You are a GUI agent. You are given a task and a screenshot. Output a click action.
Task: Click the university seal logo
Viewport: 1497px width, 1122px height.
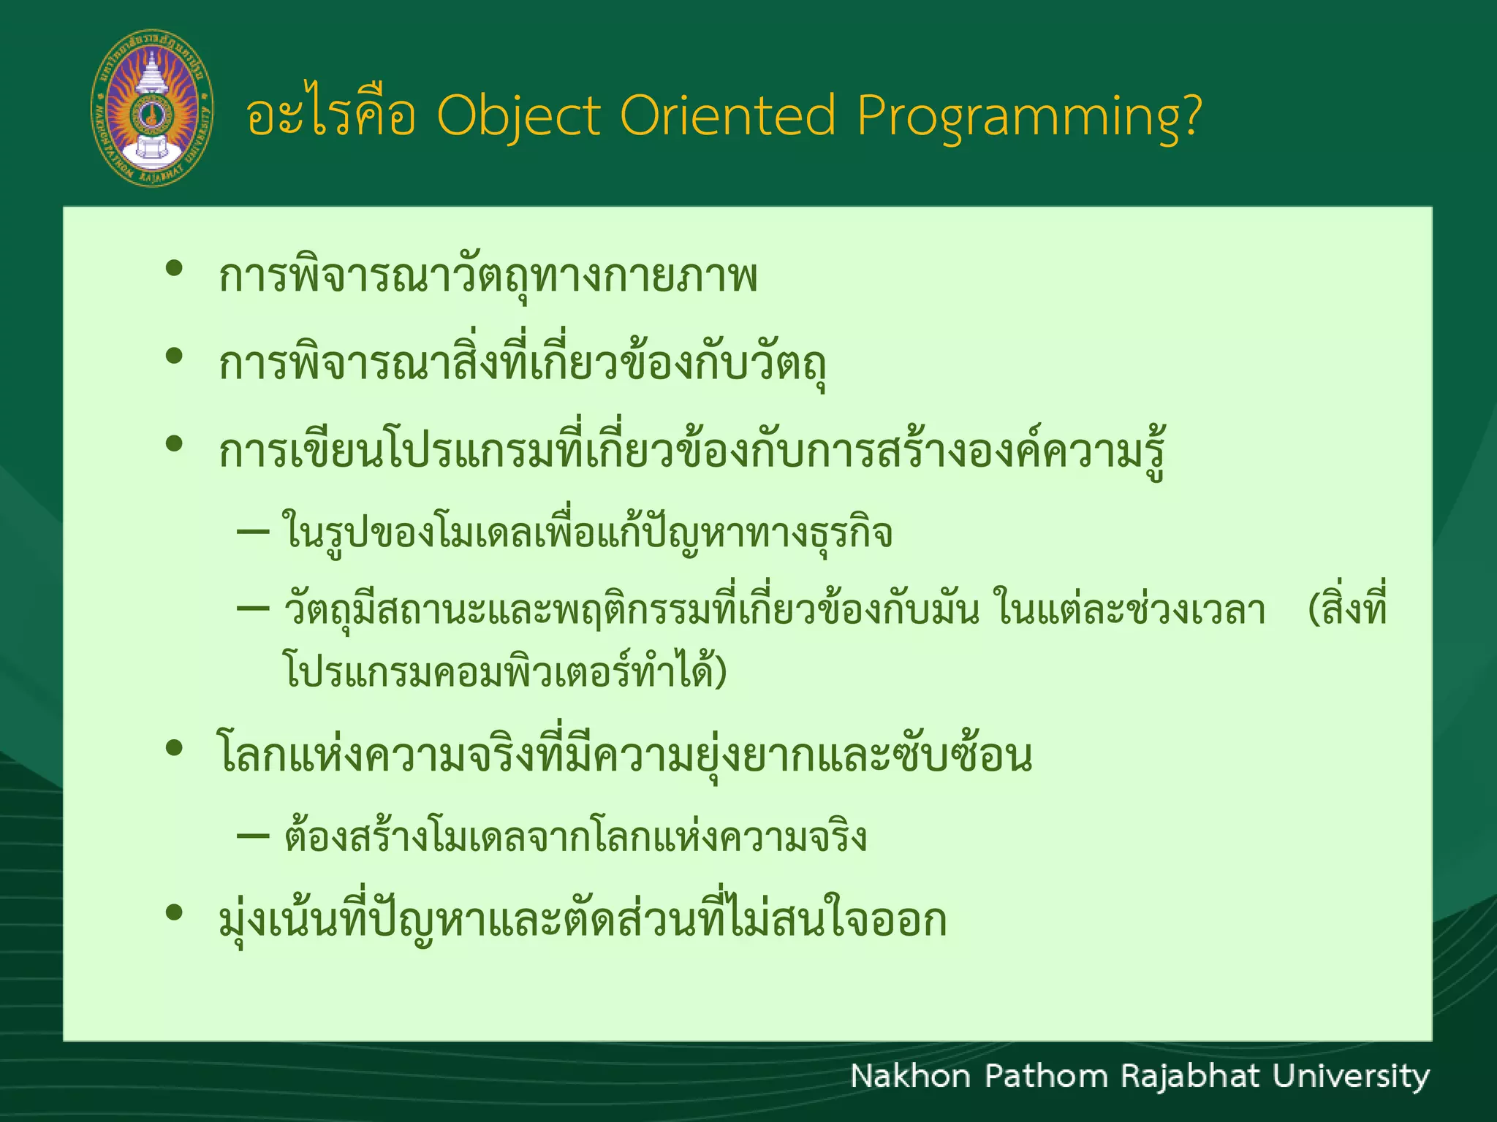tap(152, 108)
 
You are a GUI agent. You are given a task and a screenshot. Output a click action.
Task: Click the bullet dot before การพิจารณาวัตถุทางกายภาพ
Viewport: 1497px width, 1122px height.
tap(174, 269)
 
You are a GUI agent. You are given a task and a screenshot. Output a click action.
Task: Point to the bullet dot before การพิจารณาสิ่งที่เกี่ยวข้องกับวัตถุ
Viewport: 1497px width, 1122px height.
tap(174, 356)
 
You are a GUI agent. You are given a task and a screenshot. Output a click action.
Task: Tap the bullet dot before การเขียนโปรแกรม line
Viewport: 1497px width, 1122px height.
tap(174, 443)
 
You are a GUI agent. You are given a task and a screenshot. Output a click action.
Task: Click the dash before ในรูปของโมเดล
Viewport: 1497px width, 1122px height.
tap(253, 532)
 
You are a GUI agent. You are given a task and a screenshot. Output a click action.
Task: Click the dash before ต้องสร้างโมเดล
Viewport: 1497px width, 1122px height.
tap(253, 835)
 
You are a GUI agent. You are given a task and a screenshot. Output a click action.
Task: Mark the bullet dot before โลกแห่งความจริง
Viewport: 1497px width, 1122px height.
tap(174, 748)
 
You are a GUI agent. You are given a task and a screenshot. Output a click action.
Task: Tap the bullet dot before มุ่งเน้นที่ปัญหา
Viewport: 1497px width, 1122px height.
tap(174, 912)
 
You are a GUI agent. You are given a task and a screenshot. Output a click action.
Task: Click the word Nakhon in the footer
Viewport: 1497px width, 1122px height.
tap(910, 1077)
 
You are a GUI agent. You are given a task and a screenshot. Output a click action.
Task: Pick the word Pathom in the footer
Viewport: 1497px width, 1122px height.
tap(1046, 1077)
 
